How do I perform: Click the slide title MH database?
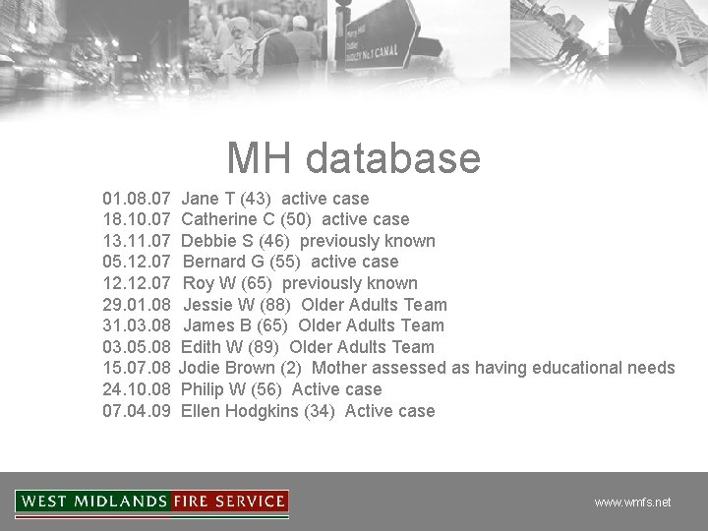point(353,158)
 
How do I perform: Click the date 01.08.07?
point(137,199)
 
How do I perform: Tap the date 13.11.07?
point(137,241)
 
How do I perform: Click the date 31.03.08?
point(137,325)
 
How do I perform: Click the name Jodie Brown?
point(228,368)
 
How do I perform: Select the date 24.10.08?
point(137,389)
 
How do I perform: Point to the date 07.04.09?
point(137,411)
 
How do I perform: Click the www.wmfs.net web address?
point(632,501)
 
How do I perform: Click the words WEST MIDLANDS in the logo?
point(94,501)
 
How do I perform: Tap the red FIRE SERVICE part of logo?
point(228,501)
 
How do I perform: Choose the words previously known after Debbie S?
point(367,241)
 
